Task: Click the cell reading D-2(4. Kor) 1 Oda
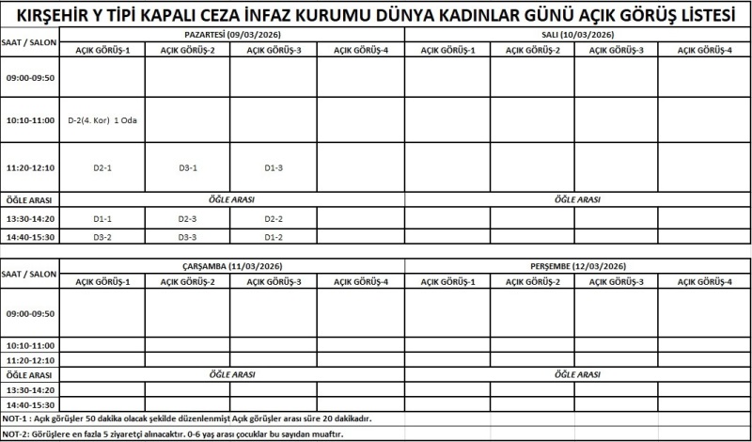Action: [102, 121]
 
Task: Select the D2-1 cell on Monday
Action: [102, 167]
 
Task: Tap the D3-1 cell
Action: [188, 167]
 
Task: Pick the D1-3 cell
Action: [274, 167]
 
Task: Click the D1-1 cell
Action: [102, 218]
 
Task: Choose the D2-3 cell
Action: [188, 218]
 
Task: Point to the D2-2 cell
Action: [274, 218]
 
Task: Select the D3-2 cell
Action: [102, 236]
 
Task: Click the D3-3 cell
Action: [188, 236]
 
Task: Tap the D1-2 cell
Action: [274, 236]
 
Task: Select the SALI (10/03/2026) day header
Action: [577, 34]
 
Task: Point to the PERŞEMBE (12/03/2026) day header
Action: [577, 266]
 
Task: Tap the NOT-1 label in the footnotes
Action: [16, 418]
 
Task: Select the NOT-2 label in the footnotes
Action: [16, 434]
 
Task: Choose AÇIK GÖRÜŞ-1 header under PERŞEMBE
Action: [447, 281]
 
